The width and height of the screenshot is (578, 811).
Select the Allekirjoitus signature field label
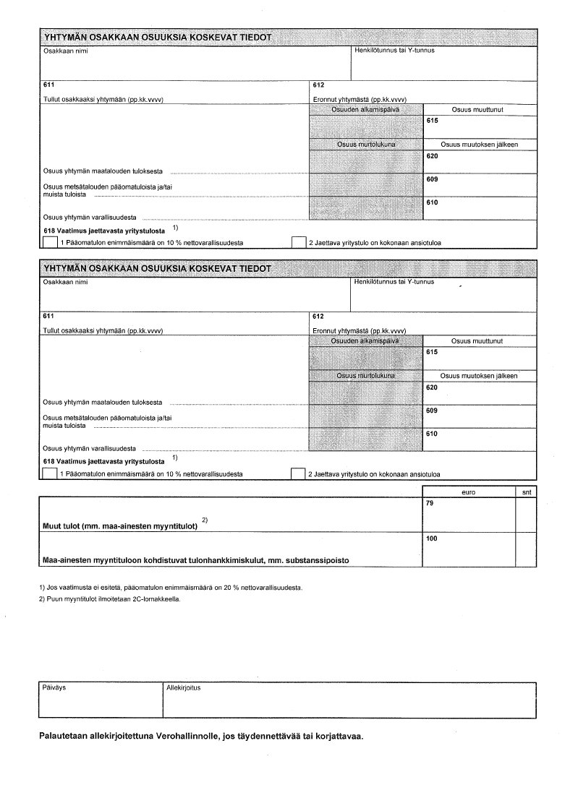183,687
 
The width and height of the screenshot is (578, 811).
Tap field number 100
432,538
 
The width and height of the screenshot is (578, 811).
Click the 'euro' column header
468,492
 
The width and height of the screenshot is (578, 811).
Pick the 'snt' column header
526,492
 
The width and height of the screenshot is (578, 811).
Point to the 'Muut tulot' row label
120,525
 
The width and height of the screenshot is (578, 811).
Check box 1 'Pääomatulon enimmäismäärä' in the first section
50,242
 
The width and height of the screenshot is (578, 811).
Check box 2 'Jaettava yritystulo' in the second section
297,473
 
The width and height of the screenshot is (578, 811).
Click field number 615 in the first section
433,121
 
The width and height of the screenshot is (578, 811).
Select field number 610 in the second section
433,434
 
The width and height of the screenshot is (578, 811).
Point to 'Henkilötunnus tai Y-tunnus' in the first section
394,50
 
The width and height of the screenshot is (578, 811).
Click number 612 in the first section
317,85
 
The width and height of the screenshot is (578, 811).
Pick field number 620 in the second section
433,387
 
